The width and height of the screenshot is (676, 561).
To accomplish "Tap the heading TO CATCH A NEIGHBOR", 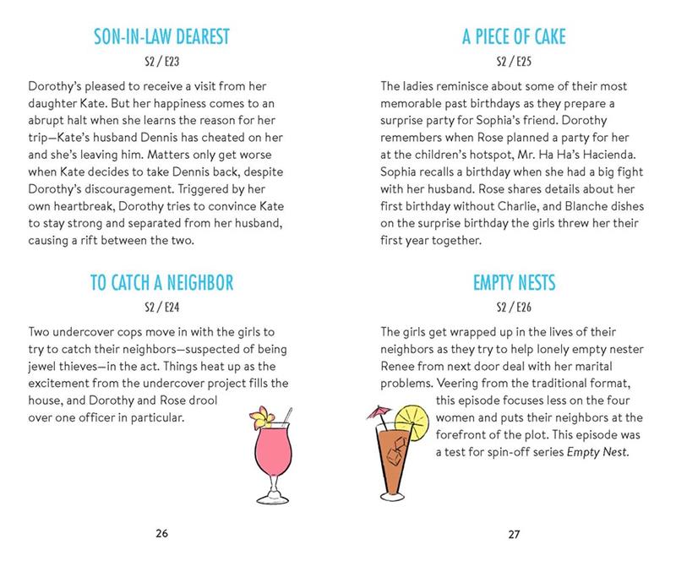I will coord(161,282).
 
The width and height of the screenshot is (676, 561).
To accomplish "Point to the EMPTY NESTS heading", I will coord(514,282).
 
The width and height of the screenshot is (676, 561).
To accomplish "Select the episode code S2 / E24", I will coord(161,306).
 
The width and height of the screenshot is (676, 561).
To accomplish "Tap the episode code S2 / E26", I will coord(514,306).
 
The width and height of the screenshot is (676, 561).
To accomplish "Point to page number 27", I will coord(514,533).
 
